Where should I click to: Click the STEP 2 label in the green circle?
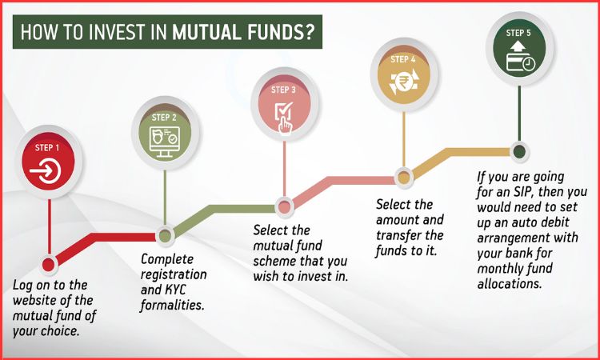click(x=164, y=117)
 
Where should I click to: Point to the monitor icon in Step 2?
click(x=164, y=140)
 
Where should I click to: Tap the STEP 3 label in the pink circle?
click(x=284, y=90)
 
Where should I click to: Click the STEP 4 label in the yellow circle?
click(x=403, y=59)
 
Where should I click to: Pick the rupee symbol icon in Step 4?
click(x=403, y=83)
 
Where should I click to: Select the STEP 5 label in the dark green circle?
click(x=519, y=33)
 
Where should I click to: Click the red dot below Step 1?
click(x=48, y=263)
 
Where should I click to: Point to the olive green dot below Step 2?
click(x=165, y=235)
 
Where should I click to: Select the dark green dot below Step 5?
click(x=519, y=150)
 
